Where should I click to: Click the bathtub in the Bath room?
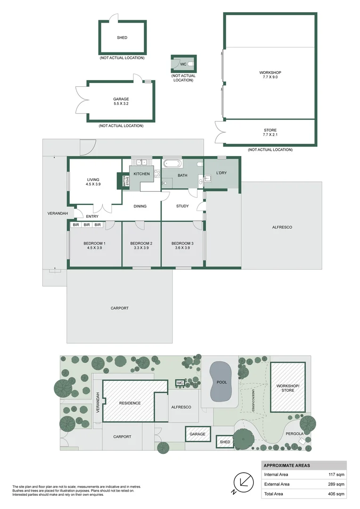172,164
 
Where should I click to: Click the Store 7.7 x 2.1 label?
270,132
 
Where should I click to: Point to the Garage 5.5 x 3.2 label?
121,101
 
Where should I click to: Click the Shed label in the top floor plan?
122,38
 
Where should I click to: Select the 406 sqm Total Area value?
336,493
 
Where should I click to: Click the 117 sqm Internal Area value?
336,475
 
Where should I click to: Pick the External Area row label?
277,484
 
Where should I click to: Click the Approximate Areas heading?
286,465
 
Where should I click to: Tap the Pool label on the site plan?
221,382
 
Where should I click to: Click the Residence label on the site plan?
130,403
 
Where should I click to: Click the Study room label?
182,206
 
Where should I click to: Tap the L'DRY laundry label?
221,173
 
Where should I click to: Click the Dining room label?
140,206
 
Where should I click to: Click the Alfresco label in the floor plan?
282,227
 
